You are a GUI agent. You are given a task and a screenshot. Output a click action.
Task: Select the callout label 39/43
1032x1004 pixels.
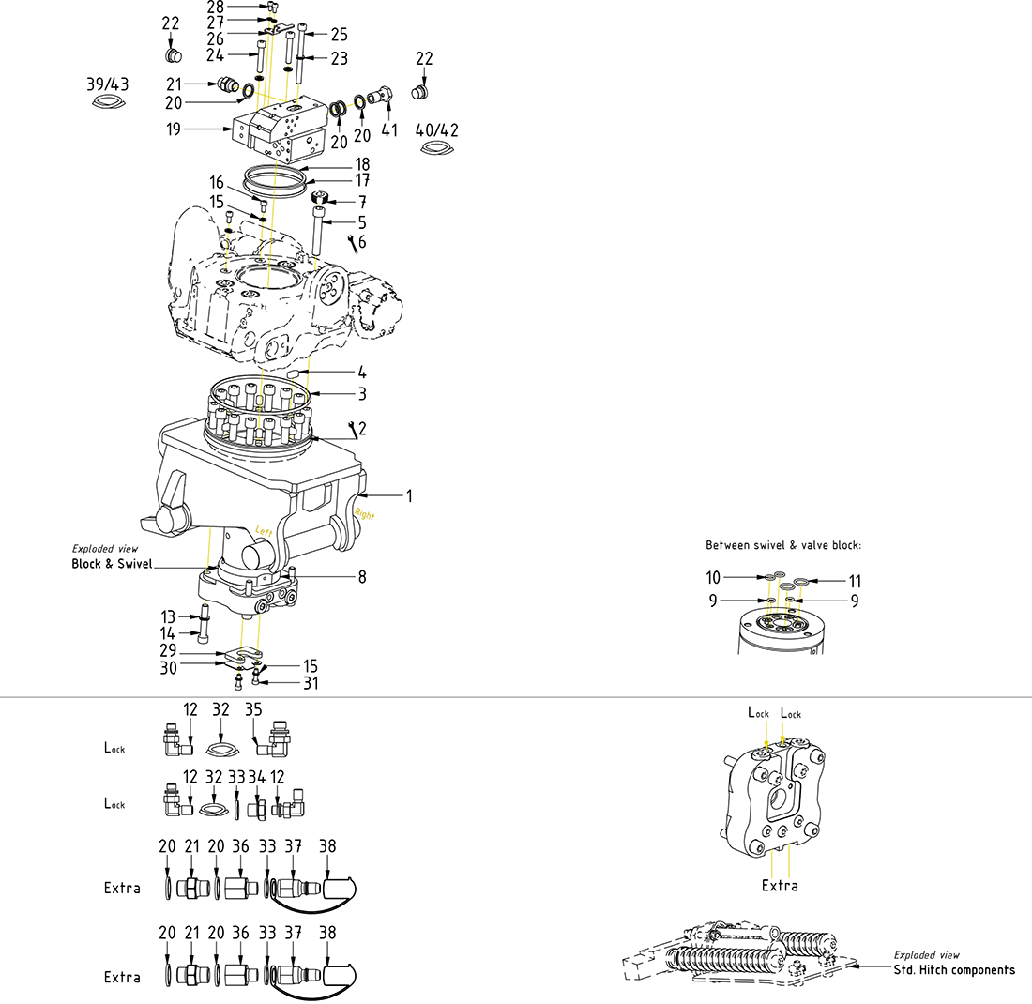(108, 84)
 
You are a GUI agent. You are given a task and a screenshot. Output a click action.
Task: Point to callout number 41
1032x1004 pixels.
(389, 129)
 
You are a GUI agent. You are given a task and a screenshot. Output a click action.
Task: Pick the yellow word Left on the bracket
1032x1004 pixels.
(264, 530)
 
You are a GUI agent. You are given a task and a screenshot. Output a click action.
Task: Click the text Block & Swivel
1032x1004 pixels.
(112, 564)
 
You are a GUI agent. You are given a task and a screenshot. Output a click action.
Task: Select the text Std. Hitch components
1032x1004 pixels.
(954, 969)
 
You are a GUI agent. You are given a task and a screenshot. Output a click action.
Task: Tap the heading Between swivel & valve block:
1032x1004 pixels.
(782, 545)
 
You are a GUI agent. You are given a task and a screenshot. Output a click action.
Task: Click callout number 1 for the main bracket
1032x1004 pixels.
(409, 495)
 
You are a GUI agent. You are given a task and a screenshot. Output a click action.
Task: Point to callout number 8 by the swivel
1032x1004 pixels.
(362, 577)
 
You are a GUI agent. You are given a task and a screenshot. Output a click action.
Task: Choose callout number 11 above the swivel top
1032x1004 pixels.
(855, 581)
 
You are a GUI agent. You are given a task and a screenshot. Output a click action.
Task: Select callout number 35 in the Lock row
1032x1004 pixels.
(253, 710)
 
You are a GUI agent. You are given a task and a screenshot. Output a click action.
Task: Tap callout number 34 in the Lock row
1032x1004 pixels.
(257, 777)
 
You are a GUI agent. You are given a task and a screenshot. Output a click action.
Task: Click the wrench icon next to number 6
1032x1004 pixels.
(353, 244)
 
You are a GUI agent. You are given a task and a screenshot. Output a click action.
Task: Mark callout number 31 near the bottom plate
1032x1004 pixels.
(311, 683)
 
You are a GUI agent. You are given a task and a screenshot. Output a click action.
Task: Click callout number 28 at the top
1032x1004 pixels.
(216, 8)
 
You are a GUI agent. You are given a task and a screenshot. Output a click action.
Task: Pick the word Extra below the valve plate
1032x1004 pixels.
(780, 886)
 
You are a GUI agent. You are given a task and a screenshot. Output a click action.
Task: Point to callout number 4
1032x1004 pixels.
(362, 373)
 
